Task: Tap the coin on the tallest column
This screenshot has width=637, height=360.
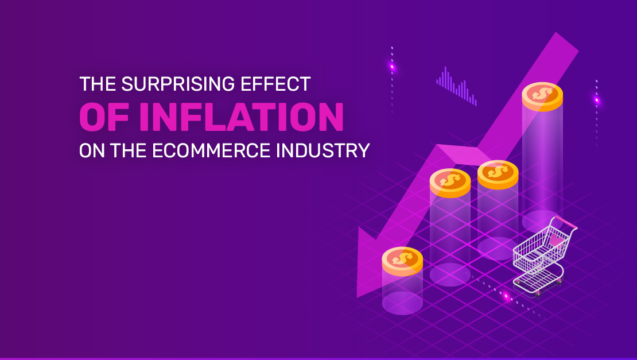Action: point(542,96)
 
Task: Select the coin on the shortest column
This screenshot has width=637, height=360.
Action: point(402,260)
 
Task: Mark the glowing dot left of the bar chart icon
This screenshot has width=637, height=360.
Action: point(393,67)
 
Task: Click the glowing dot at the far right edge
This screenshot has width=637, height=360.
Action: point(597,100)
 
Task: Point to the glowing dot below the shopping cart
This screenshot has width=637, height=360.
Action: point(506,296)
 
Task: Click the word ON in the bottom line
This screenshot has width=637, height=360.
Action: point(88,150)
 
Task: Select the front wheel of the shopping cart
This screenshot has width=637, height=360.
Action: point(537,293)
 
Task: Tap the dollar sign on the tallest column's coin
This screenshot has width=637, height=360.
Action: point(542,93)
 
